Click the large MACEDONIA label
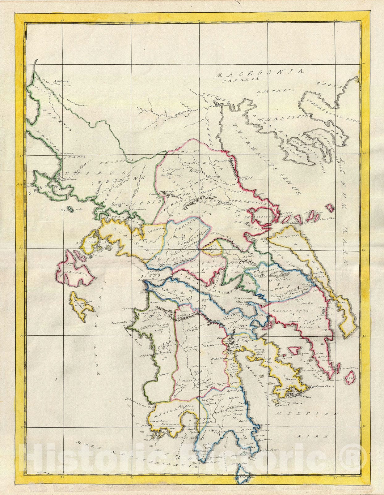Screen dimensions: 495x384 259,73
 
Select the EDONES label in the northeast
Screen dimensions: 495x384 327,85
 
